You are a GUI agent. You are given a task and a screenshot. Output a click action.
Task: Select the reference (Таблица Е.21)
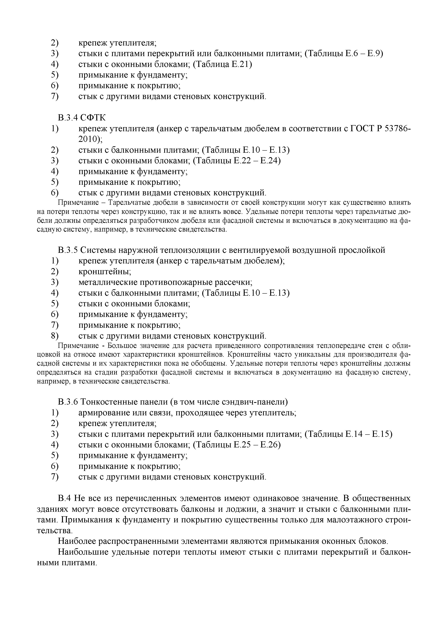click(222, 64)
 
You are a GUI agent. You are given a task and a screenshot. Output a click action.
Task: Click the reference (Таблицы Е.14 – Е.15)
click(348, 434)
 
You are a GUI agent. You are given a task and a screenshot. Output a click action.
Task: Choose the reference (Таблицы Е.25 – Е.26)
click(237, 445)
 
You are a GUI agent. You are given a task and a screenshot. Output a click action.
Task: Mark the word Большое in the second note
click(121, 346)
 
